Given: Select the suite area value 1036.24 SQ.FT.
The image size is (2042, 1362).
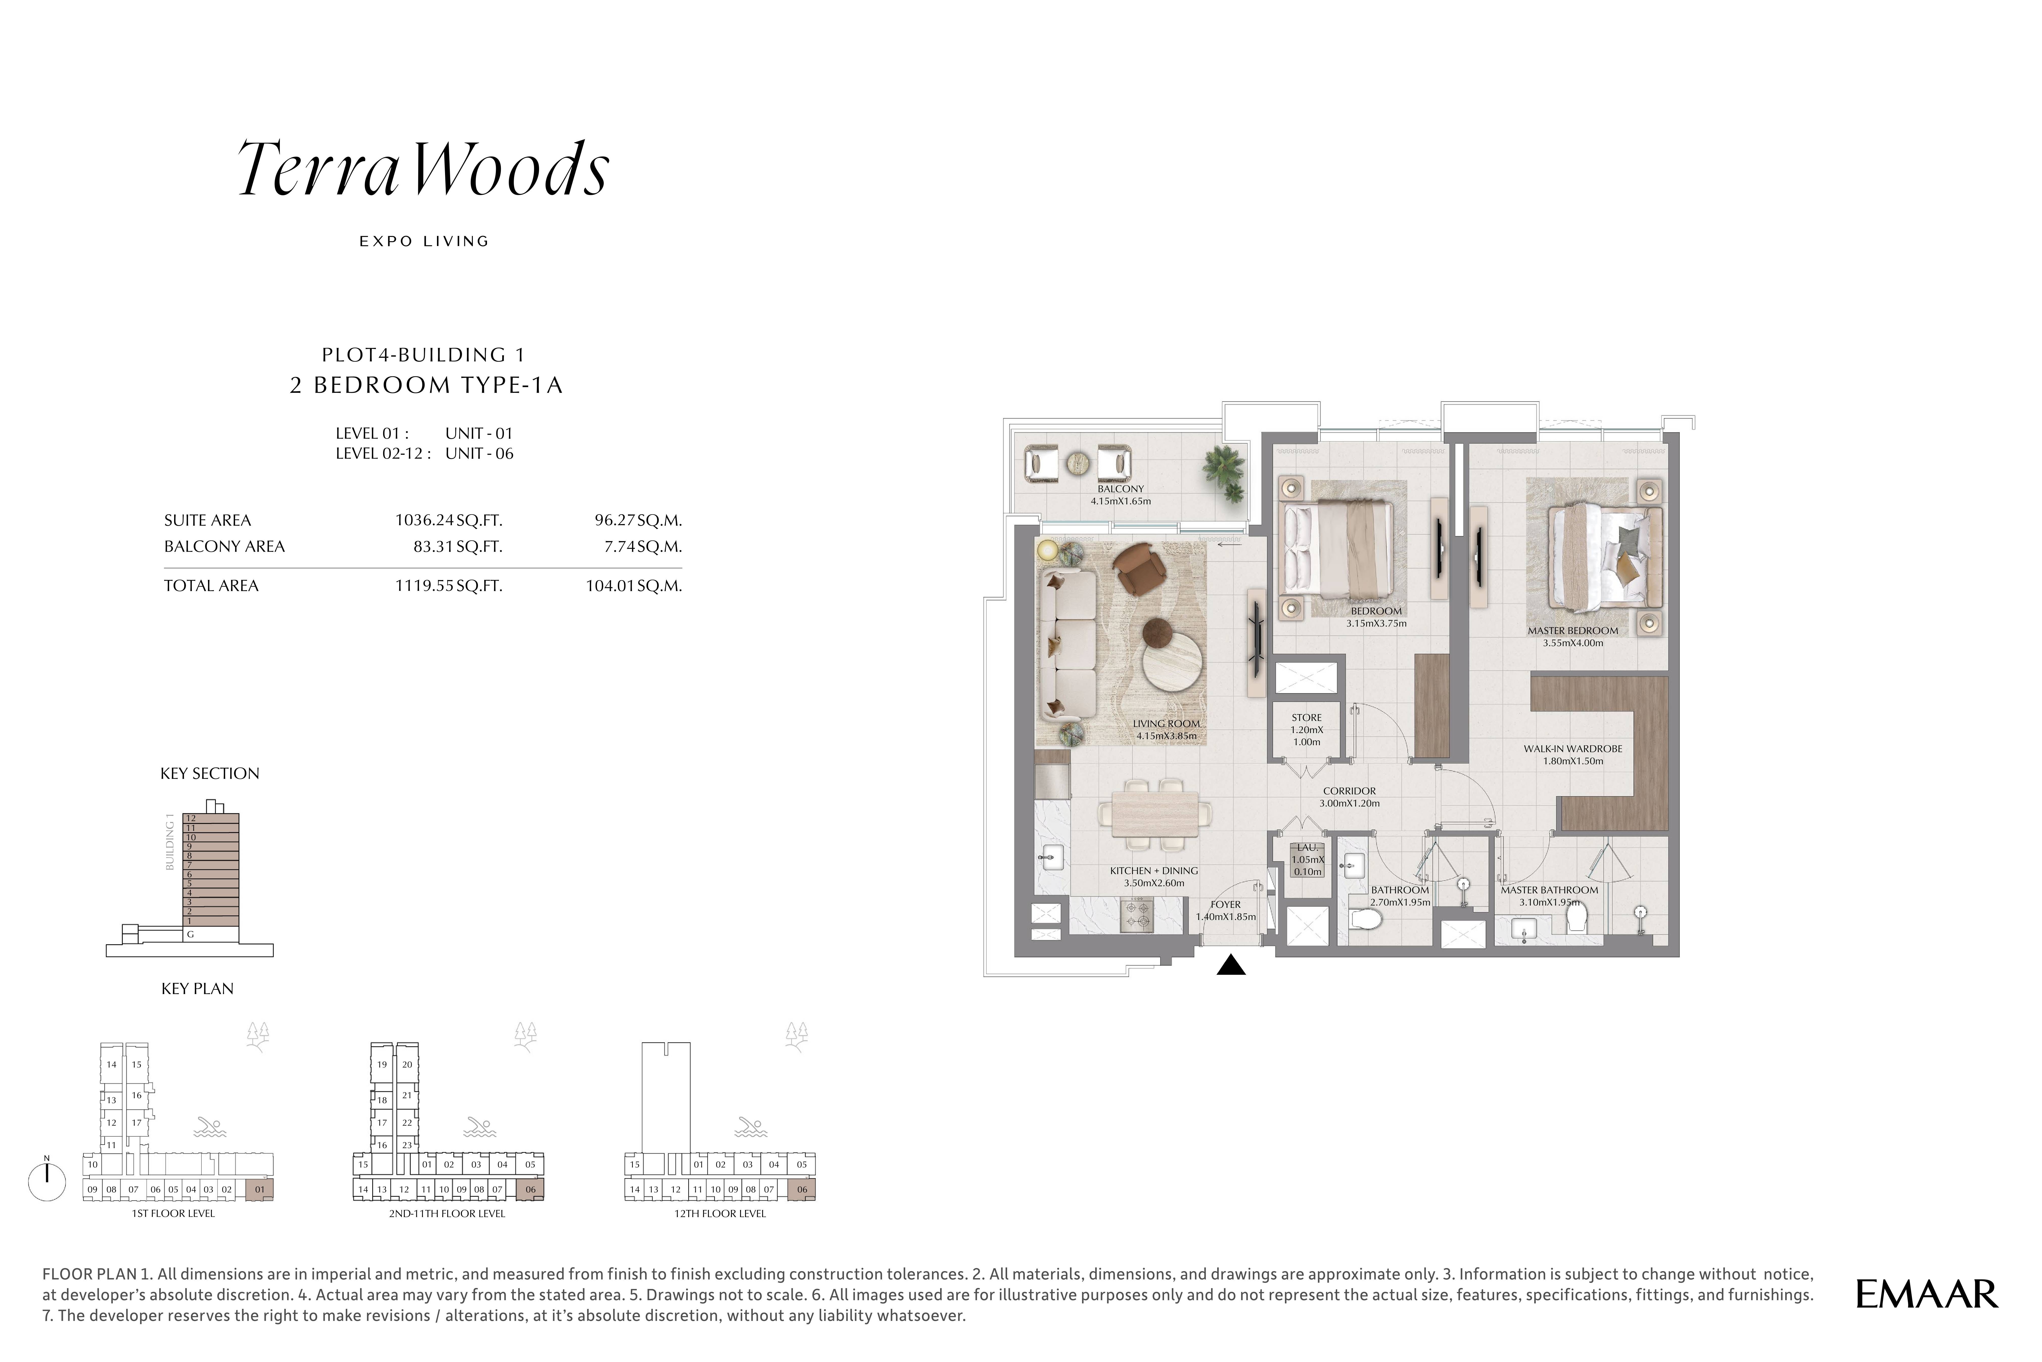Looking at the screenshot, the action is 448,520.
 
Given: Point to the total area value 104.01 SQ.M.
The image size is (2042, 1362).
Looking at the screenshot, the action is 634,586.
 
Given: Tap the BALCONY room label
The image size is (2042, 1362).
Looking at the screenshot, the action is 1121,489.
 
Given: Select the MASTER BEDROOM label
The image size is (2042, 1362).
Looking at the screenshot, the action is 1573,631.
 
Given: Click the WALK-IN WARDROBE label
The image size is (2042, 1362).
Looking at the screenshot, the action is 1573,749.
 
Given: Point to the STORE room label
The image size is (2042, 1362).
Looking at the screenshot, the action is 1306,717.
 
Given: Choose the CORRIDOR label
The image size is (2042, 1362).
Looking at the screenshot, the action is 1350,791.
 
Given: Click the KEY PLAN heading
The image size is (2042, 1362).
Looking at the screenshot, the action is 197,988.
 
